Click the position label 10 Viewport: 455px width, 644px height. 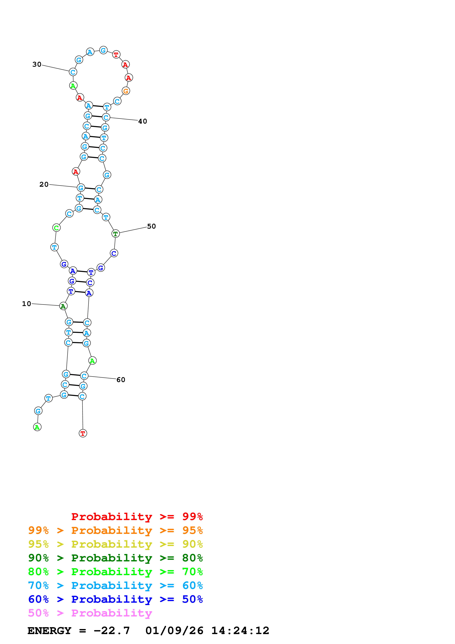[x=26, y=304]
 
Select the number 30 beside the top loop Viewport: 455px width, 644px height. [x=37, y=64]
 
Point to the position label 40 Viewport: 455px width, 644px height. [x=142, y=121]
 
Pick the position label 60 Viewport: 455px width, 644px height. [x=121, y=380]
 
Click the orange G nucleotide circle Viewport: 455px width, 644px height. [x=126, y=91]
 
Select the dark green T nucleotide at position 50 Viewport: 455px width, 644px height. [x=115, y=234]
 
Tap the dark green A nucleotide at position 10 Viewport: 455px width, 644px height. [x=63, y=306]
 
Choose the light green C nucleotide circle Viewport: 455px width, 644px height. [x=56, y=228]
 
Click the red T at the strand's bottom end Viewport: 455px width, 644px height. [x=83, y=433]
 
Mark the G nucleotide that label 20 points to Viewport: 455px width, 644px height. [x=81, y=188]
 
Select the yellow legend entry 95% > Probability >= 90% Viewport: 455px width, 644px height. [x=115, y=544]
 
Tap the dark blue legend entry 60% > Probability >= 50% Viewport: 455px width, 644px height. [x=115, y=599]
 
